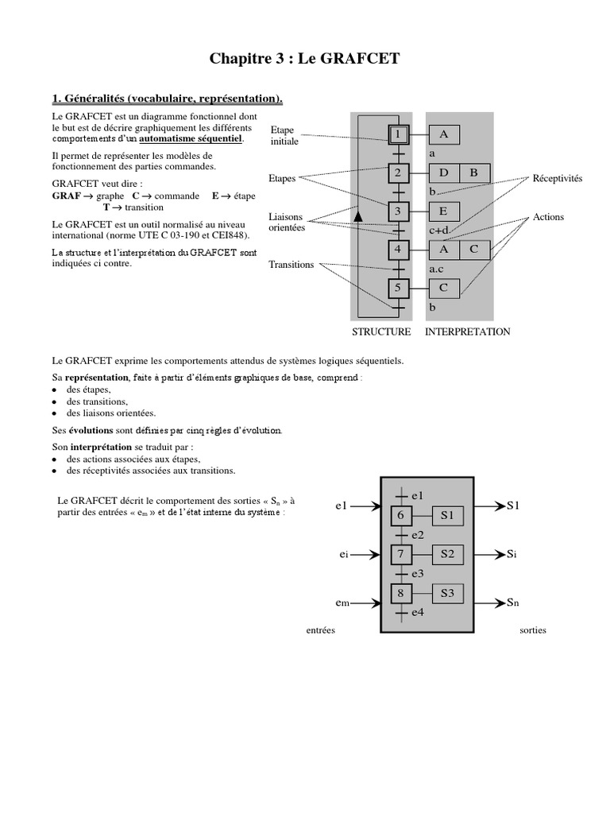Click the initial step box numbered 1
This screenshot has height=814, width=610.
point(399,135)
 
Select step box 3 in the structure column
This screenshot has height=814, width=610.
point(399,211)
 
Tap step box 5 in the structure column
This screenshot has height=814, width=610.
point(399,288)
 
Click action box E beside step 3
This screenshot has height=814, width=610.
point(444,211)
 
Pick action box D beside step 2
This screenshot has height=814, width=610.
point(444,172)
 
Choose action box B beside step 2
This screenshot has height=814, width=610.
point(475,172)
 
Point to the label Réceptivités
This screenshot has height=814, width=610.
point(558,179)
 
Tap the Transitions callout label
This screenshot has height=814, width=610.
point(291,265)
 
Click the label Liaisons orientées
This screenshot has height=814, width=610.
point(287,223)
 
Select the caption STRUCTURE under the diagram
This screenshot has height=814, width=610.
point(381,331)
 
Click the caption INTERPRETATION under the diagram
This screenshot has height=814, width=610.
point(468,331)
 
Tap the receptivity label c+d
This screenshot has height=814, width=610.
point(439,230)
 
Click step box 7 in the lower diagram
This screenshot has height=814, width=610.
point(401,554)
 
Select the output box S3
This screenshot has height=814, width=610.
point(448,593)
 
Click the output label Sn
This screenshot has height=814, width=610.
point(513,603)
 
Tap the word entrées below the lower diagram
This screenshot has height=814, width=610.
point(321,630)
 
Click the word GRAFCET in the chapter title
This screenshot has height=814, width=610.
point(360,59)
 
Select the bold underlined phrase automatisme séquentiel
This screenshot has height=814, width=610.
point(191,139)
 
